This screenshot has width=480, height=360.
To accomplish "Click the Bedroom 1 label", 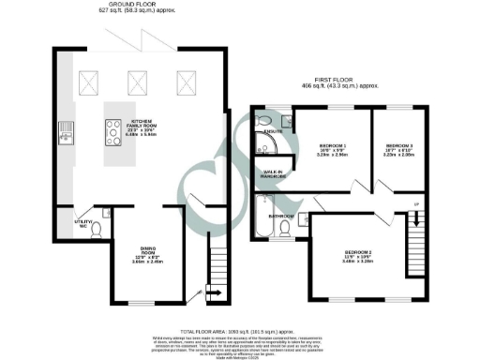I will pos(334,149).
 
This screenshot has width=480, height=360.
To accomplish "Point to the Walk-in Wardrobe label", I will pos(274,173).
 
